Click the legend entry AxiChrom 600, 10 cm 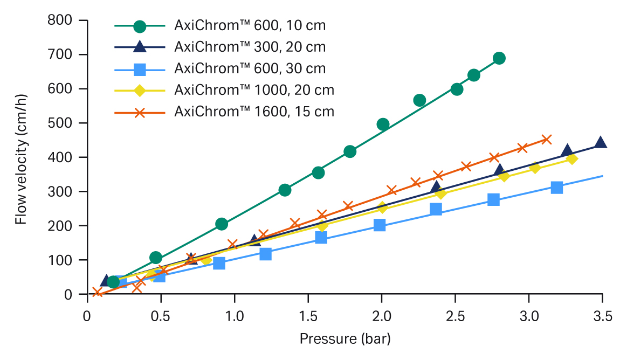[x=250, y=25]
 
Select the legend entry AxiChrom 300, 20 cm [x=250, y=47]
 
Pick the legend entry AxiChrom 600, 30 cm [x=250, y=68]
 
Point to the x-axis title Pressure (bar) [x=345, y=339]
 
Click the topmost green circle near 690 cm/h [x=499, y=58]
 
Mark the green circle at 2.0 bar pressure [x=383, y=124]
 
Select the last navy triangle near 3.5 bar [x=601, y=143]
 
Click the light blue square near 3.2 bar [x=557, y=188]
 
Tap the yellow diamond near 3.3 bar [x=572, y=159]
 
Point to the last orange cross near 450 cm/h [x=546, y=140]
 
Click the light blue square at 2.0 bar [x=380, y=225]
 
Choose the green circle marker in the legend [x=140, y=25]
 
